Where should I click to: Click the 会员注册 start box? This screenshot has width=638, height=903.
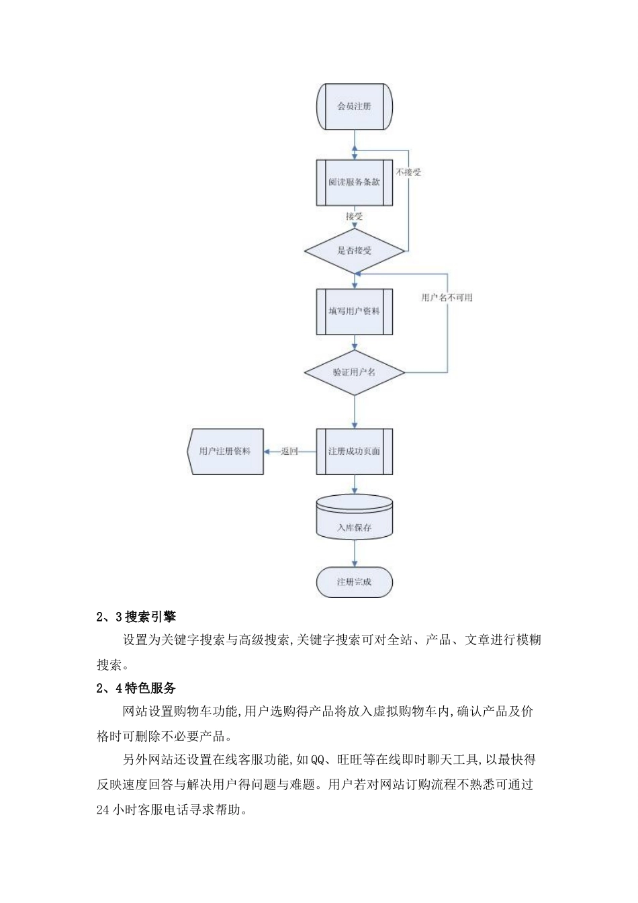coord(354,106)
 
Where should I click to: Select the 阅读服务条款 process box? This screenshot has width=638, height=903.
coord(354,182)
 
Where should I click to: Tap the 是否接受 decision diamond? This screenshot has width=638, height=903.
coord(354,251)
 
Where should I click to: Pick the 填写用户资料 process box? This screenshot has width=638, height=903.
coord(354,311)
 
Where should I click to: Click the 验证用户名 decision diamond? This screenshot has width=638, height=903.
coord(354,372)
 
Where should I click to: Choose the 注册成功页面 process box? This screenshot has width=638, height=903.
coord(354,451)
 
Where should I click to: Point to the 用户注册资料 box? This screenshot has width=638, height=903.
coord(225,451)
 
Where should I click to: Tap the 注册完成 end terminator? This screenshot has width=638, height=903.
coord(354,582)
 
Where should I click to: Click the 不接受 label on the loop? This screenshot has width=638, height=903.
coord(408,173)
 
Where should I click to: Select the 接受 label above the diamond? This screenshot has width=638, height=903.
coord(354,216)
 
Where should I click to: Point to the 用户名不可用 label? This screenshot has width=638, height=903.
coord(447,298)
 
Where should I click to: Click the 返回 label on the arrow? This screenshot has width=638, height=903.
coord(289,451)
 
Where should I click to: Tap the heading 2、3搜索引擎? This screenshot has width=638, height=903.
coord(136,616)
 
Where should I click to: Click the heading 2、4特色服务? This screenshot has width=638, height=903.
coord(136,688)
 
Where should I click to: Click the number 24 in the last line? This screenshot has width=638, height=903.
coord(103,810)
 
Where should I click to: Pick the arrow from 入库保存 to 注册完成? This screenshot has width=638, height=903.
coord(355,554)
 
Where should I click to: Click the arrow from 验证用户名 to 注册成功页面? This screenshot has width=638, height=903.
coord(355,411)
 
